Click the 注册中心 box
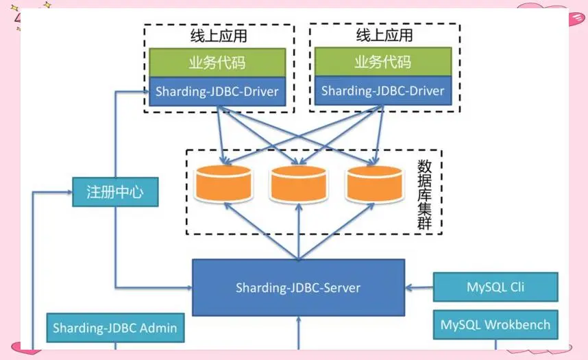(x=115, y=191)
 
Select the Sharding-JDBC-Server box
(x=298, y=287)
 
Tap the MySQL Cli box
(x=495, y=287)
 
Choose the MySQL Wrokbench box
(x=495, y=324)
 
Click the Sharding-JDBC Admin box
(x=114, y=328)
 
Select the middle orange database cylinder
(x=297, y=183)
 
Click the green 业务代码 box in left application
(x=217, y=64)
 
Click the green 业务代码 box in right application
(x=382, y=62)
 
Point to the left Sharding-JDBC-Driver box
(x=217, y=91)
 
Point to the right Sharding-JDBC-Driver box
(x=382, y=91)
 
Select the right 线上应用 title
(x=384, y=35)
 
